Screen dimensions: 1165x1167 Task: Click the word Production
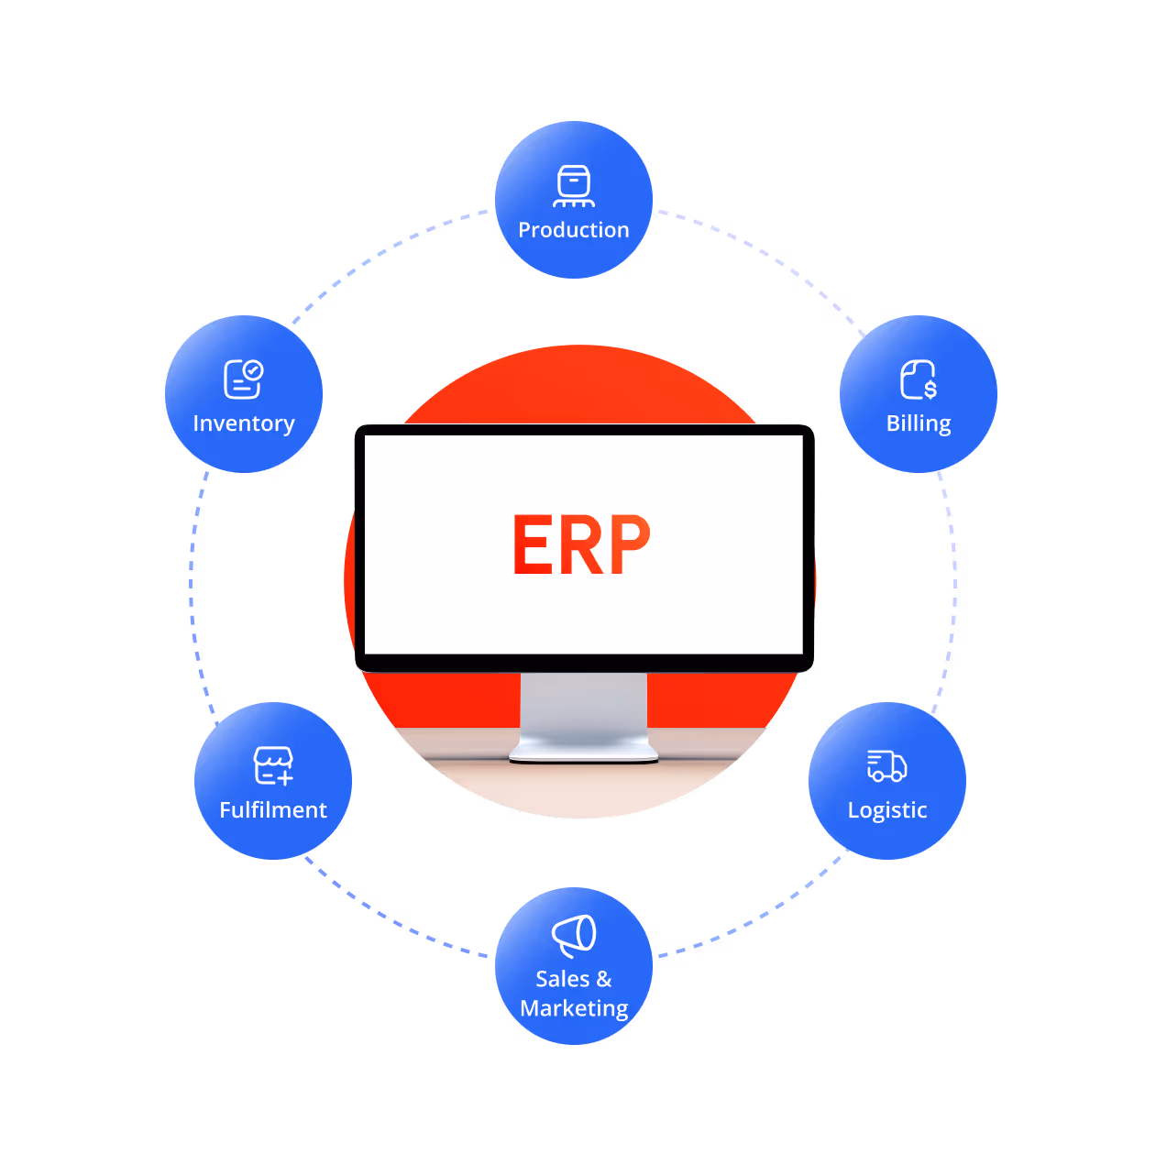point(574,230)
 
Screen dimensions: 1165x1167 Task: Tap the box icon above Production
point(574,185)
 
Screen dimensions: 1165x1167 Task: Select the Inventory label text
point(244,423)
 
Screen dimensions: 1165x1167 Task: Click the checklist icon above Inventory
point(243,379)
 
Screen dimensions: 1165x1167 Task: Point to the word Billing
point(919,423)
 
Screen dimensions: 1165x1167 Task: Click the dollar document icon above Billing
point(919,379)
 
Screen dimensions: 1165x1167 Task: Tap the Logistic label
point(887,810)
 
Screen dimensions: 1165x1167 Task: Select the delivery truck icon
point(886,766)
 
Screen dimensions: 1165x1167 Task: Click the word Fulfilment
point(273,810)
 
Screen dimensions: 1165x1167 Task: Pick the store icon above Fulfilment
point(273,765)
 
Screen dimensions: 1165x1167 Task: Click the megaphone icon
point(574,935)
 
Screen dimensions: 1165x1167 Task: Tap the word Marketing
point(574,1008)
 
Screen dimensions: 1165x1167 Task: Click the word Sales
point(562,979)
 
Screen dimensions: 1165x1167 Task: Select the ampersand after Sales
point(603,979)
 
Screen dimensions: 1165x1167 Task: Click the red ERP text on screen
point(581,544)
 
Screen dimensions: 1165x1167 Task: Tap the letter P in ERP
point(628,544)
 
